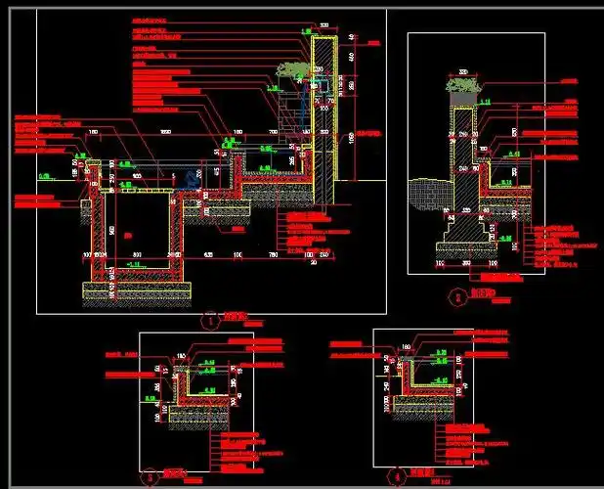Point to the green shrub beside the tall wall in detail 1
click(289, 70)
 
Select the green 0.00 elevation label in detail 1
click(45, 176)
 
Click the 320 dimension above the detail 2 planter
click(462, 70)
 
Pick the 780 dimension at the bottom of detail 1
click(272, 255)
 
